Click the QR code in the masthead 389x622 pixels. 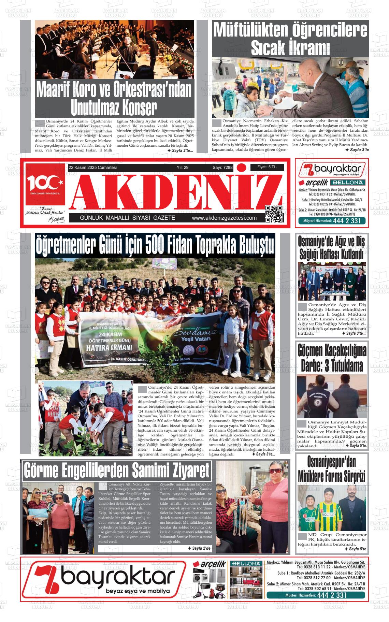[x=274, y=214]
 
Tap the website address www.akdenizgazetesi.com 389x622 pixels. [x=224, y=218]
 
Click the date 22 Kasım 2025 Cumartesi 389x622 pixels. [x=92, y=168]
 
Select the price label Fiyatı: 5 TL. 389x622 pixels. [x=267, y=167]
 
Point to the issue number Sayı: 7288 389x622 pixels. [x=222, y=168]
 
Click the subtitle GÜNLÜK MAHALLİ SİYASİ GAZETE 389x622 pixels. [x=127, y=218]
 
